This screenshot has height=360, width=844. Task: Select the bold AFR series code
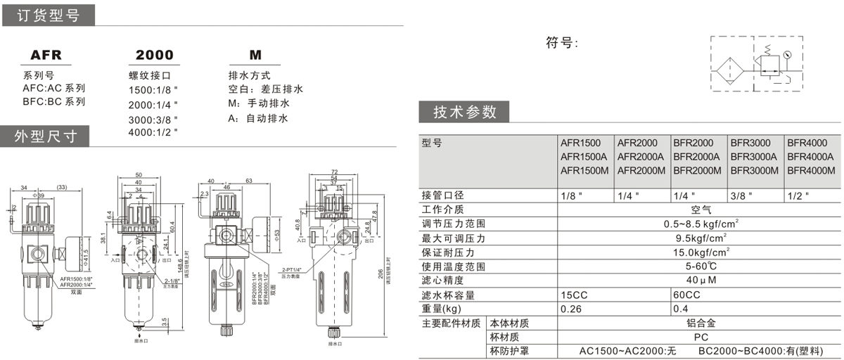coord(46,56)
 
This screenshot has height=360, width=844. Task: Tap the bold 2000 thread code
coord(154,56)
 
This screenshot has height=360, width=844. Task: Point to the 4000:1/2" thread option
coord(153,131)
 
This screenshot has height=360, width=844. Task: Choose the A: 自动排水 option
coord(258,118)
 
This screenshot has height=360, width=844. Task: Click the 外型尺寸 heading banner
coord(46,136)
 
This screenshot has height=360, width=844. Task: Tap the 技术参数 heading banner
coord(464,112)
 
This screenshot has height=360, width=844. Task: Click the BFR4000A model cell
coord(810,157)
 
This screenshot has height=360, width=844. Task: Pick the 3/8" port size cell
coord(741,195)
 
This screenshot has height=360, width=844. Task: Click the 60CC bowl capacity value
coord(686,295)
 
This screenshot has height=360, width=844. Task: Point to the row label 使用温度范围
coord(454,266)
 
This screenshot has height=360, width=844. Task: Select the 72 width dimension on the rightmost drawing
coord(334,171)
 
